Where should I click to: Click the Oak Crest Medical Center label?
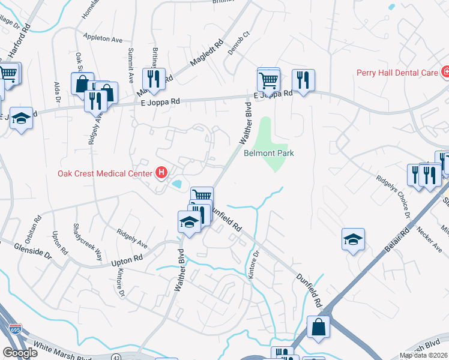click(x=105, y=174)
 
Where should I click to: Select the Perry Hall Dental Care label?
click(x=397, y=73)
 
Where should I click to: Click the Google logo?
click(x=20, y=353)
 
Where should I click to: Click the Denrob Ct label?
click(x=238, y=41)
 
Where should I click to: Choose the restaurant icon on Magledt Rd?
click(x=154, y=79)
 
